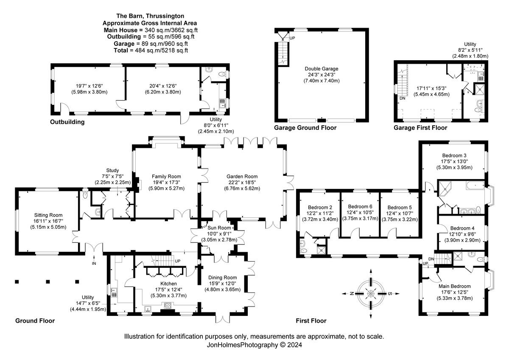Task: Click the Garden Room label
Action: click(242, 177)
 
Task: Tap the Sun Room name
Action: click(219, 228)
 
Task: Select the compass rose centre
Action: click(371, 294)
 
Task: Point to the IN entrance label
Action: click(94, 263)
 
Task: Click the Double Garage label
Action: click(322, 69)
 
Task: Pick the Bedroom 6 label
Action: click(360, 206)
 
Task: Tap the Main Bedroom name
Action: click(454, 286)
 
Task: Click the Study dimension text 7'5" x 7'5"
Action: click(112, 176)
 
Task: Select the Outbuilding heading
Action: click(67, 122)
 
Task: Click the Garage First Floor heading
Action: click(420, 128)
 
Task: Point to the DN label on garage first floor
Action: click(403, 98)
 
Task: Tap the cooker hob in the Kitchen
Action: click(168, 305)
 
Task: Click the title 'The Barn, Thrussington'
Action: click(150, 16)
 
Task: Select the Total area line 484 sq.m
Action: click(151, 50)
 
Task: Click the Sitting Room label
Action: click(48, 215)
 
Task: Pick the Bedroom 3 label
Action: click(454, 155)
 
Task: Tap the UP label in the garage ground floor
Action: click(292, 38)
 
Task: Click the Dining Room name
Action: click(222, 278)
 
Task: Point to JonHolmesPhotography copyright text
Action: click(254, 345)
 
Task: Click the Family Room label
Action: click(166, 177)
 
